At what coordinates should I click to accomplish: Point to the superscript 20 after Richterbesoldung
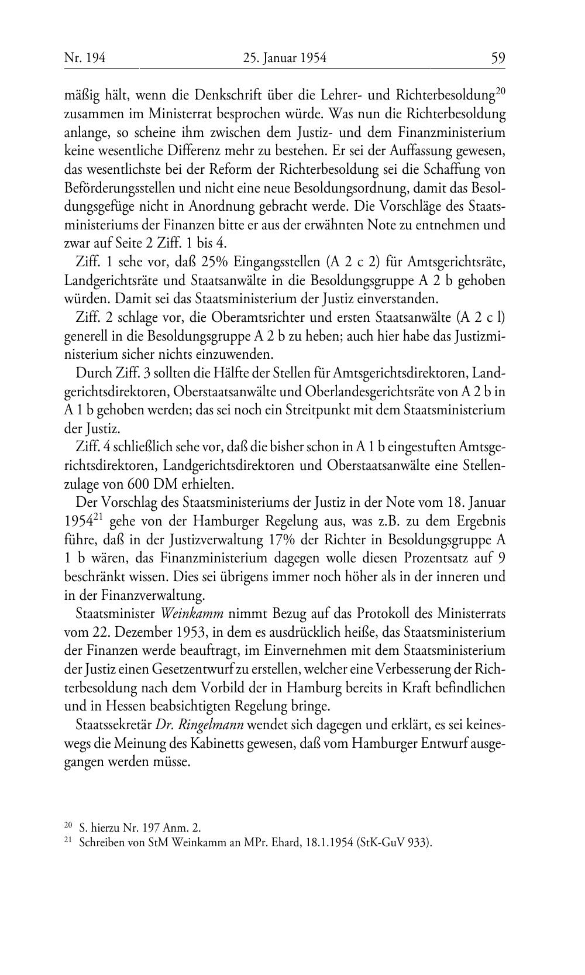click(500, 91)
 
